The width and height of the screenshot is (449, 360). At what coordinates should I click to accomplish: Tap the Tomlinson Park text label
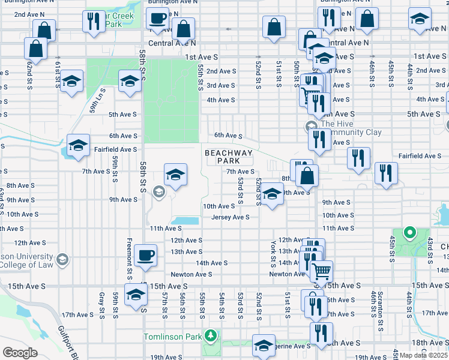172,337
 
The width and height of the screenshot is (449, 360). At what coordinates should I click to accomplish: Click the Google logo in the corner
20,353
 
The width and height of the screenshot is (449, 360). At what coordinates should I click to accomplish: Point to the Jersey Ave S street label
230,217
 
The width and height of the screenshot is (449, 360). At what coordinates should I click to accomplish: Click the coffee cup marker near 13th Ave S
145,255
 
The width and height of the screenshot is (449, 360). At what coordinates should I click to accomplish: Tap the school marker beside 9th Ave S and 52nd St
272,194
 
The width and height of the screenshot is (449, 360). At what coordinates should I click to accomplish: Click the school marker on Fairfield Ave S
78,145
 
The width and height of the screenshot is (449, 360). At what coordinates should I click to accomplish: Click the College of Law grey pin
62,260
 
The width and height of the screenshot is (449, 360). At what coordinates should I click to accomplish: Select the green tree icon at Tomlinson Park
209,335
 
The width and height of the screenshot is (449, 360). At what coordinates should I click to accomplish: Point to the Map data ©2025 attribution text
424,355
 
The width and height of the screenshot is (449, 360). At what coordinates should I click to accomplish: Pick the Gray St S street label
102,306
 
